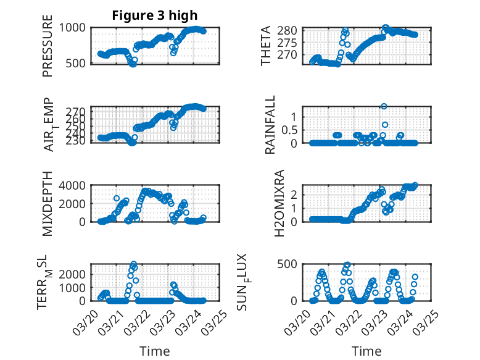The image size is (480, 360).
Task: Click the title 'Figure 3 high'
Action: point(155,15)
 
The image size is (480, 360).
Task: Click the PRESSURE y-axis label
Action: point(48,50)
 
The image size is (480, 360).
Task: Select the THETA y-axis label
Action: point(266,45)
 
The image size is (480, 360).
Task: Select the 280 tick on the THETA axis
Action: point(292,30)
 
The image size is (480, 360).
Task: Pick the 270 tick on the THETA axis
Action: point(292,54)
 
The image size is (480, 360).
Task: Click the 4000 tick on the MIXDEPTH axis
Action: point(74,185)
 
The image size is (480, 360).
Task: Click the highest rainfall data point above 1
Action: point(384,106)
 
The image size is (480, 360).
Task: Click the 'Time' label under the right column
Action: point(366,351)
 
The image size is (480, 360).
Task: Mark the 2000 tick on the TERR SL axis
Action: point(74,274)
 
